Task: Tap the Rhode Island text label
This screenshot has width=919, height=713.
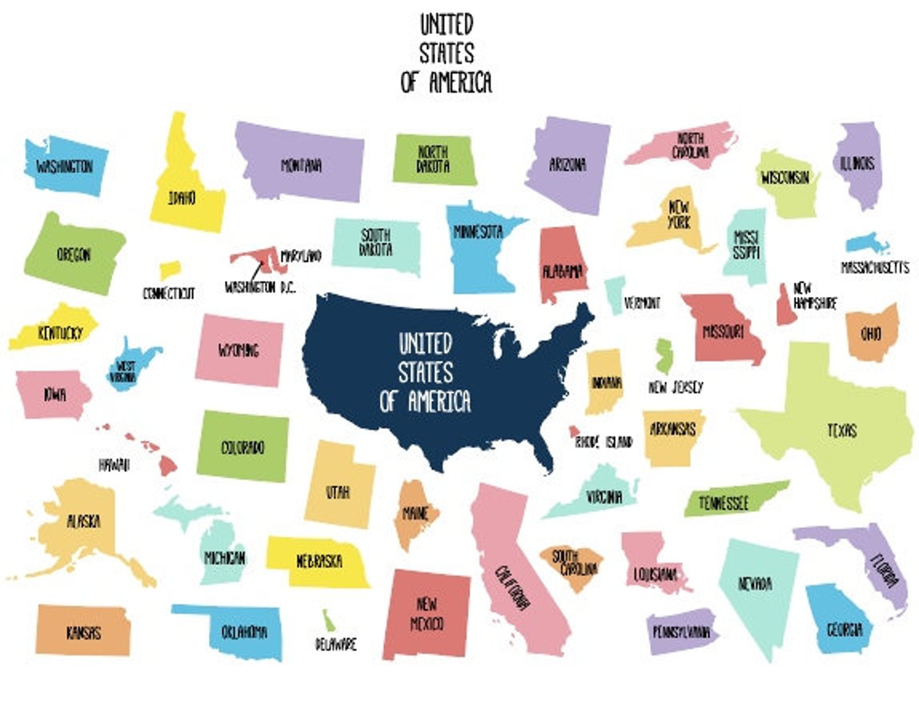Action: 603,443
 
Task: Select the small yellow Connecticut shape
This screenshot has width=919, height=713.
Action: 170,270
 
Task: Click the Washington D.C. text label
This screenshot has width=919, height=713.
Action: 260,287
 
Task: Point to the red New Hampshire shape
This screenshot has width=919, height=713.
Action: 786,307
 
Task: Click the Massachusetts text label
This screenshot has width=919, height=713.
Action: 874,267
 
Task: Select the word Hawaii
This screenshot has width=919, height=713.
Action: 114,465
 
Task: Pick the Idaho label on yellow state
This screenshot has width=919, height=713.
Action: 182,198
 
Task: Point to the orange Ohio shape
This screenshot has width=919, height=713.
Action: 871,333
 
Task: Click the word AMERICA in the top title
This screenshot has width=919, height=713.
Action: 461,82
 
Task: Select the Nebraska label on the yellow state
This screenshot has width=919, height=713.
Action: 319,561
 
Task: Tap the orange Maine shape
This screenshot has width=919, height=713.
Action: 414,514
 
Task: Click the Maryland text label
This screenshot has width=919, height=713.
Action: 301,256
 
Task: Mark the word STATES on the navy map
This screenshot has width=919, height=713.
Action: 425,373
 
